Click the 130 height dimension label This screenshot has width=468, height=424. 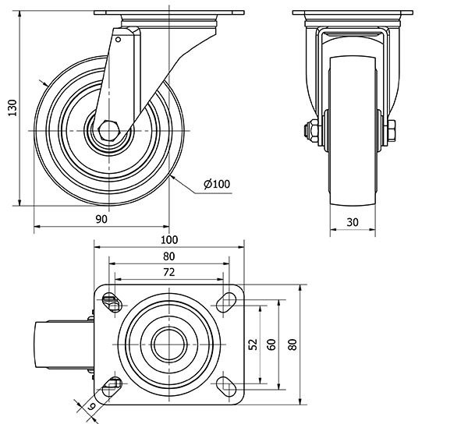coord(12,109)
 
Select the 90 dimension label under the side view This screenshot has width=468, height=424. coord(101,219)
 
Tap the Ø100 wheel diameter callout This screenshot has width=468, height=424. coord(216,184)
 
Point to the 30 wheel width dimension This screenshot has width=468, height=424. coord(352,222)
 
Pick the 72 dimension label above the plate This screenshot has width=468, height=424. coord(168,272)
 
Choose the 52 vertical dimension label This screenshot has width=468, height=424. coord(252,344)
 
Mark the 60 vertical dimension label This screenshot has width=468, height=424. coord(271,344)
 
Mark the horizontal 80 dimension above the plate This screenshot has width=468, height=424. coord(169,256)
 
